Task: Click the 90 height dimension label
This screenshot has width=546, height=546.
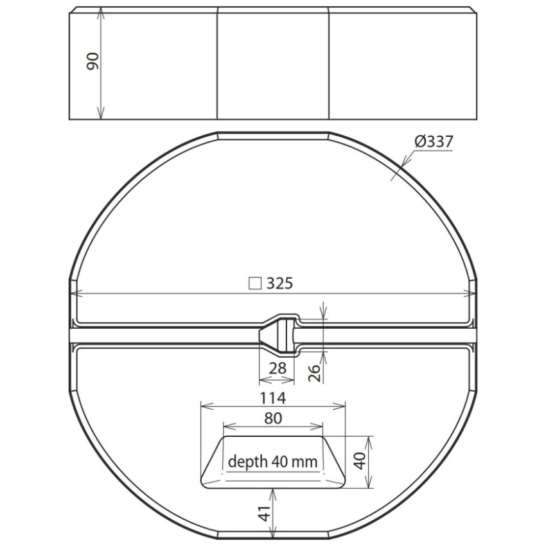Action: (93, 62)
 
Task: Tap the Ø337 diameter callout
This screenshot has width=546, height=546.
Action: (434, 141)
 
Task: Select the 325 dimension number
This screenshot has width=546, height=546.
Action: (279, 283)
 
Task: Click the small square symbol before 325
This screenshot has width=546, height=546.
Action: (255, 283)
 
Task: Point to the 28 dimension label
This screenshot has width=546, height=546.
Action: (277, 368)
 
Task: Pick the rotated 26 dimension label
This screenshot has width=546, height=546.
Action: (315, 373)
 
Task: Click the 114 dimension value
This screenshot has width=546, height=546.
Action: (273, 398)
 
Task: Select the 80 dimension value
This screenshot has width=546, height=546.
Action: (273, 418)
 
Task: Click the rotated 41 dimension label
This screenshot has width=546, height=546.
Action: (265, 513)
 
